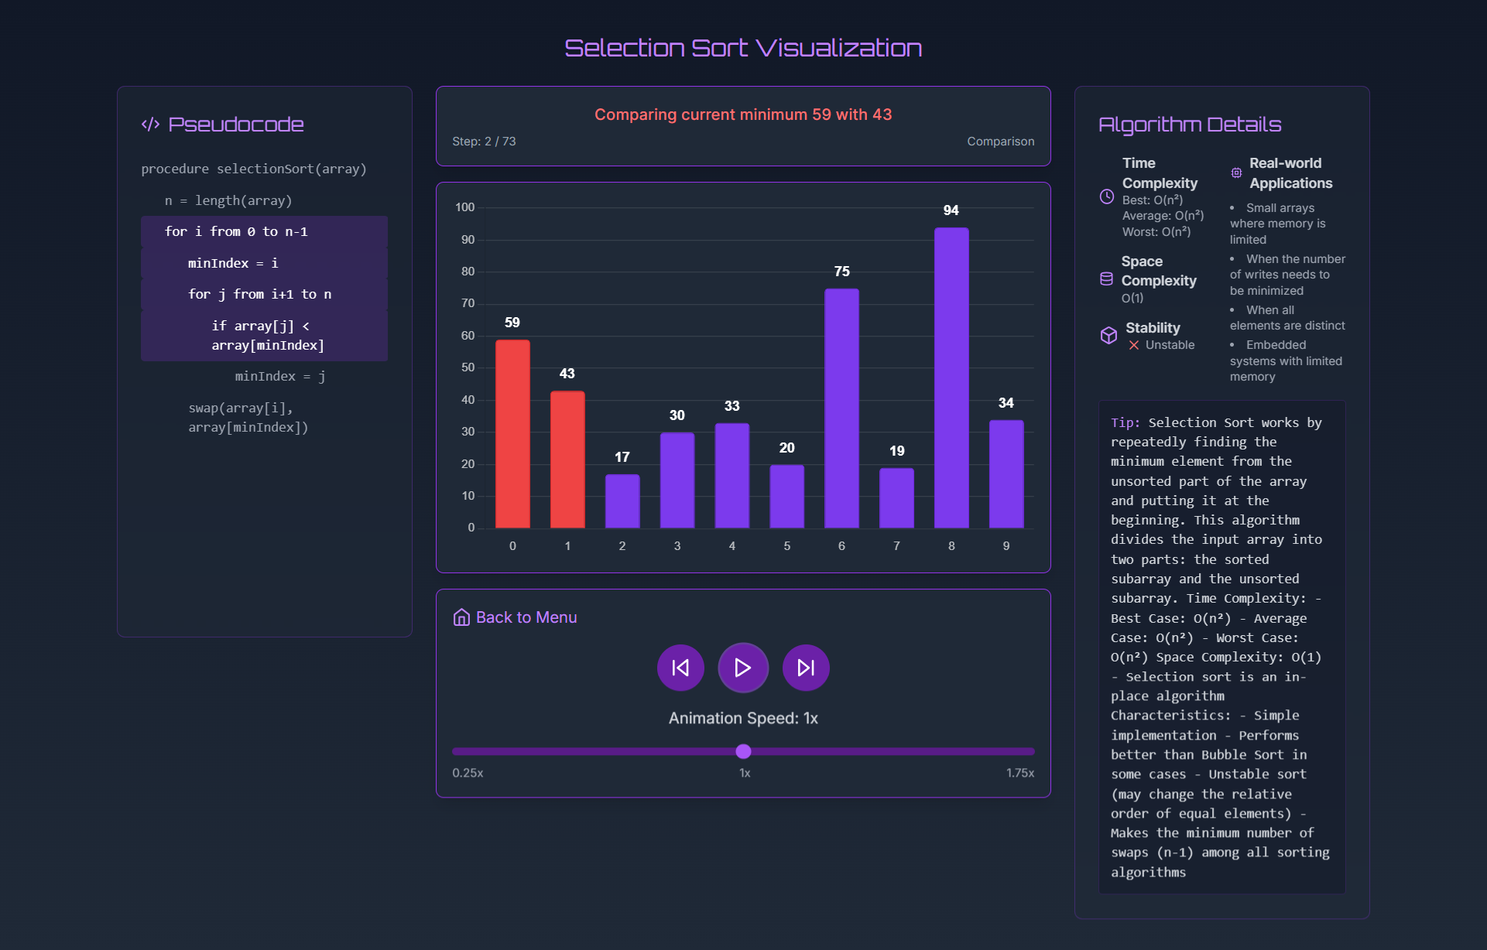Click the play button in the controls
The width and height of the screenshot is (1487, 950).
[742, 668]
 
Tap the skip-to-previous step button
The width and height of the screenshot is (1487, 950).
[680, 668]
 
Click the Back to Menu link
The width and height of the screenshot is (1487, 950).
[516, 617]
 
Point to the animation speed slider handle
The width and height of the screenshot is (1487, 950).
[743, 751]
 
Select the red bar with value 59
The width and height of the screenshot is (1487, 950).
[512, 433]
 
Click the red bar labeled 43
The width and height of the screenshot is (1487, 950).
[567, 459]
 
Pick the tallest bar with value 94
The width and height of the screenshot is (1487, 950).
[951, 378]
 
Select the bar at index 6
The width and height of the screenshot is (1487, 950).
[841, 408]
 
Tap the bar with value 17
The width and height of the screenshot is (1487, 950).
[622, 501]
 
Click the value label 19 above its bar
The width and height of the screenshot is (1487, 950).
[896, 451]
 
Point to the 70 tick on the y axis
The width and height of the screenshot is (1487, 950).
[468, 303]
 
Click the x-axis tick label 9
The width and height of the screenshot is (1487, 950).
[1006, 546]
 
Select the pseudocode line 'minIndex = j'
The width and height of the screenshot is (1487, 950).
[280, 376]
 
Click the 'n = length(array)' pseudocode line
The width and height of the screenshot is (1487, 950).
[228, 200]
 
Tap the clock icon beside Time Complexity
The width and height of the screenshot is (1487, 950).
[1107, 196]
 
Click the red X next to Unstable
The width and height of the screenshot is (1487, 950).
[1134, 345]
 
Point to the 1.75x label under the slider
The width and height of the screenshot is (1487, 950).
[1019, 773]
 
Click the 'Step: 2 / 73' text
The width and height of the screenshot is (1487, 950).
[484, 142]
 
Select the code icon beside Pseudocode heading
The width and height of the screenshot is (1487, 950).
[150, 125]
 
